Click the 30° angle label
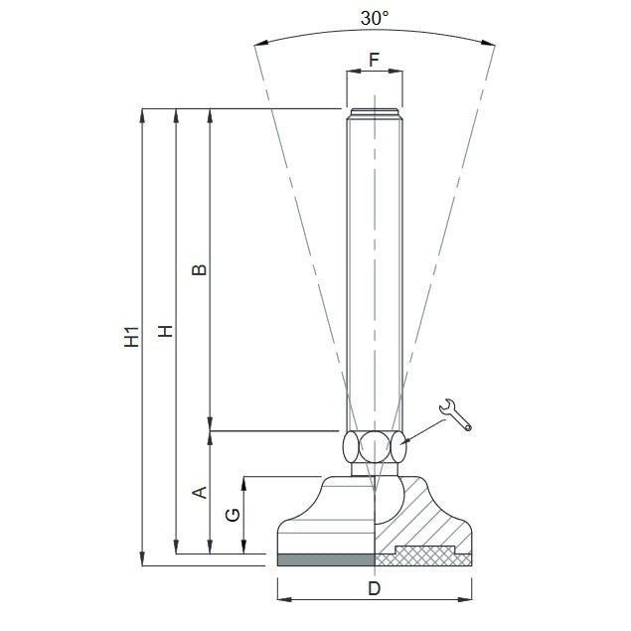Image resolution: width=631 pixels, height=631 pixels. (x=375, y=19)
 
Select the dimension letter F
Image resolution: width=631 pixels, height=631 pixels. (x=375, y=59)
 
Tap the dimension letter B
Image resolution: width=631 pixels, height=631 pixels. (x=199, y=270)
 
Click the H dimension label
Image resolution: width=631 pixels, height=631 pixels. (x=166, y=331)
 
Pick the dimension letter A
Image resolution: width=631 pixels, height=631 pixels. (x=199, y=492)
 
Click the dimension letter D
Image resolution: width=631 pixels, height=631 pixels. (x=374, y=588)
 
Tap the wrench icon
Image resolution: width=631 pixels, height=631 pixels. (x=455, y=414)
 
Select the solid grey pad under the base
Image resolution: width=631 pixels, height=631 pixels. (x=325, y=559)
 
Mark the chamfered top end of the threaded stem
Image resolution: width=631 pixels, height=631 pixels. (x=375, y=112)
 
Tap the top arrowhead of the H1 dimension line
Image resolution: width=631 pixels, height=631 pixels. (x=143, y=114)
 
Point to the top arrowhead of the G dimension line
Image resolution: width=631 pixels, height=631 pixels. (x=244, y=483)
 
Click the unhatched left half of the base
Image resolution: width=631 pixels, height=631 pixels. (x=328, y=517)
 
